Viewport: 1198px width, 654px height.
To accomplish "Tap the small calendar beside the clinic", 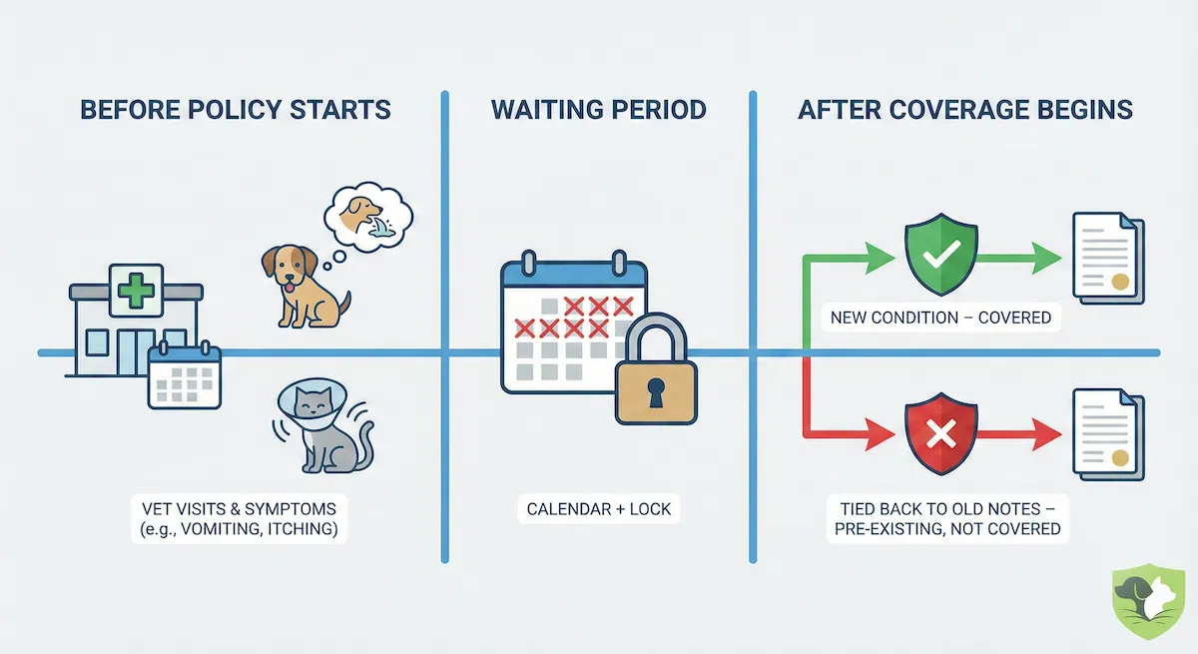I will (x=184, y=376).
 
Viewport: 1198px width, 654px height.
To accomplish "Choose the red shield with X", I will (x=940, y=435).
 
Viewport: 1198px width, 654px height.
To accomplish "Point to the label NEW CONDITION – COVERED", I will (x=940, y=318).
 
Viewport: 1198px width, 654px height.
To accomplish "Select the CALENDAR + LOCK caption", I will (x=599, y=509).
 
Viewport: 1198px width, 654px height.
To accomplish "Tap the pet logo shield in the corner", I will (x=1149, y=604).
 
